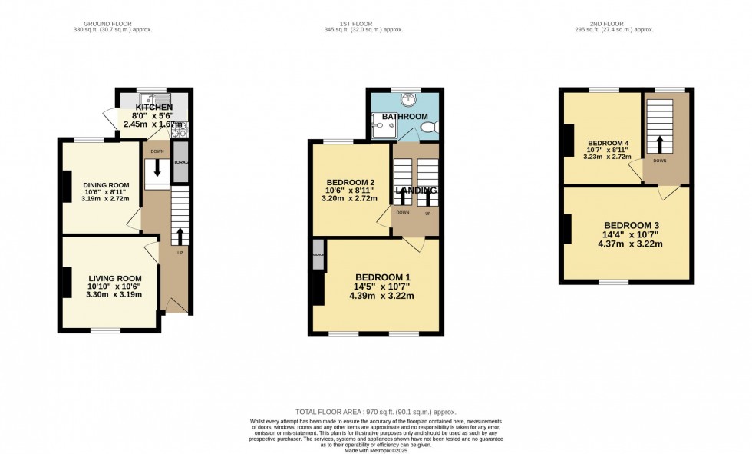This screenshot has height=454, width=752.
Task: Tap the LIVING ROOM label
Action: pyautogui.click(x=114, y=278)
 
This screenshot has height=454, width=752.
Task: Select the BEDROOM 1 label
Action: pyautogui.click(x=382, y=277)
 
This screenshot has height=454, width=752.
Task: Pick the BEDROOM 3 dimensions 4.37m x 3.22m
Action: pyautogui.click(x=629, y=244)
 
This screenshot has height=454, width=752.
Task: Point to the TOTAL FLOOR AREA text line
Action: pyautogui.click(x=375, y=413)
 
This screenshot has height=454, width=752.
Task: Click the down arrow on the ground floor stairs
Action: pyautogui.click(x=157, y=168)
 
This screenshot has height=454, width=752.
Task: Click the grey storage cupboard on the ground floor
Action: pyautogui.click(x=180, y=162)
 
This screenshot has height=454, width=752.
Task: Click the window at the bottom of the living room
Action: pyautogui.click(x=105, y=331)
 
